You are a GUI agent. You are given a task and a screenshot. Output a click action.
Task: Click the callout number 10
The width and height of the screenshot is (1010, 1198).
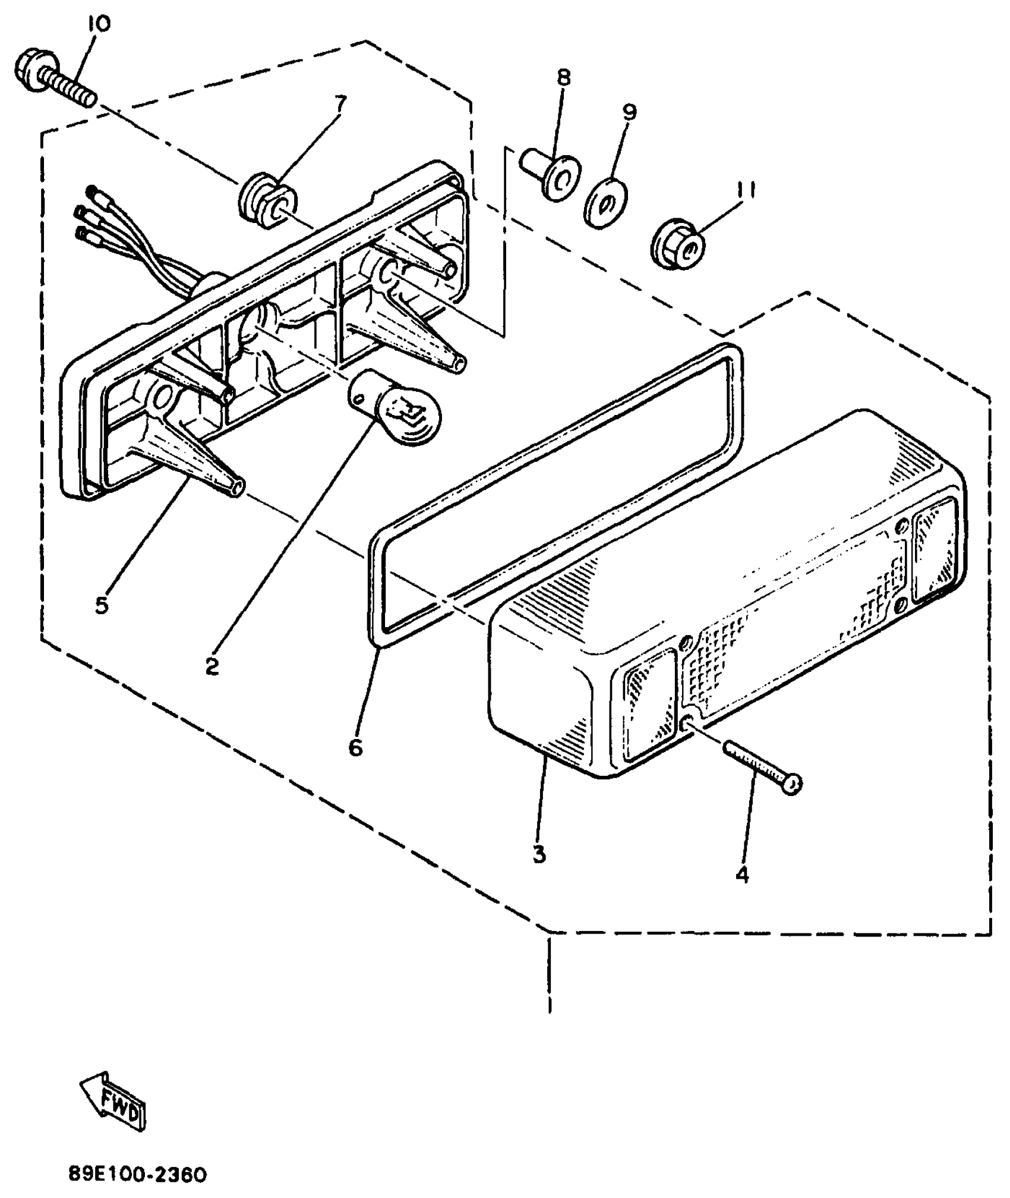pyautogui.click(x=99, y=24)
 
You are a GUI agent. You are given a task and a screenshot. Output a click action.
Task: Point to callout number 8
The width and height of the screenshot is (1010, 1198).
pyautogui.click(x=563, y=78)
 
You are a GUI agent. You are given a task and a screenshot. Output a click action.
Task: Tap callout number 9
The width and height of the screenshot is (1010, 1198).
pyautogui.click(x=629, y=111)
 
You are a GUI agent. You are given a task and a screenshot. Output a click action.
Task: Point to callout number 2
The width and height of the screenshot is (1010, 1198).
pyautogui.click(x=212, y=666)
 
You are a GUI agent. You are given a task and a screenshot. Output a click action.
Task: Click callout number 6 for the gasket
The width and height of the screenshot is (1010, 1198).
pyautogui.click(x=355, y=747)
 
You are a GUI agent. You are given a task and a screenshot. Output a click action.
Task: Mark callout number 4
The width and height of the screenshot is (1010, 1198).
pyautogui.click(x=742, y=875)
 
